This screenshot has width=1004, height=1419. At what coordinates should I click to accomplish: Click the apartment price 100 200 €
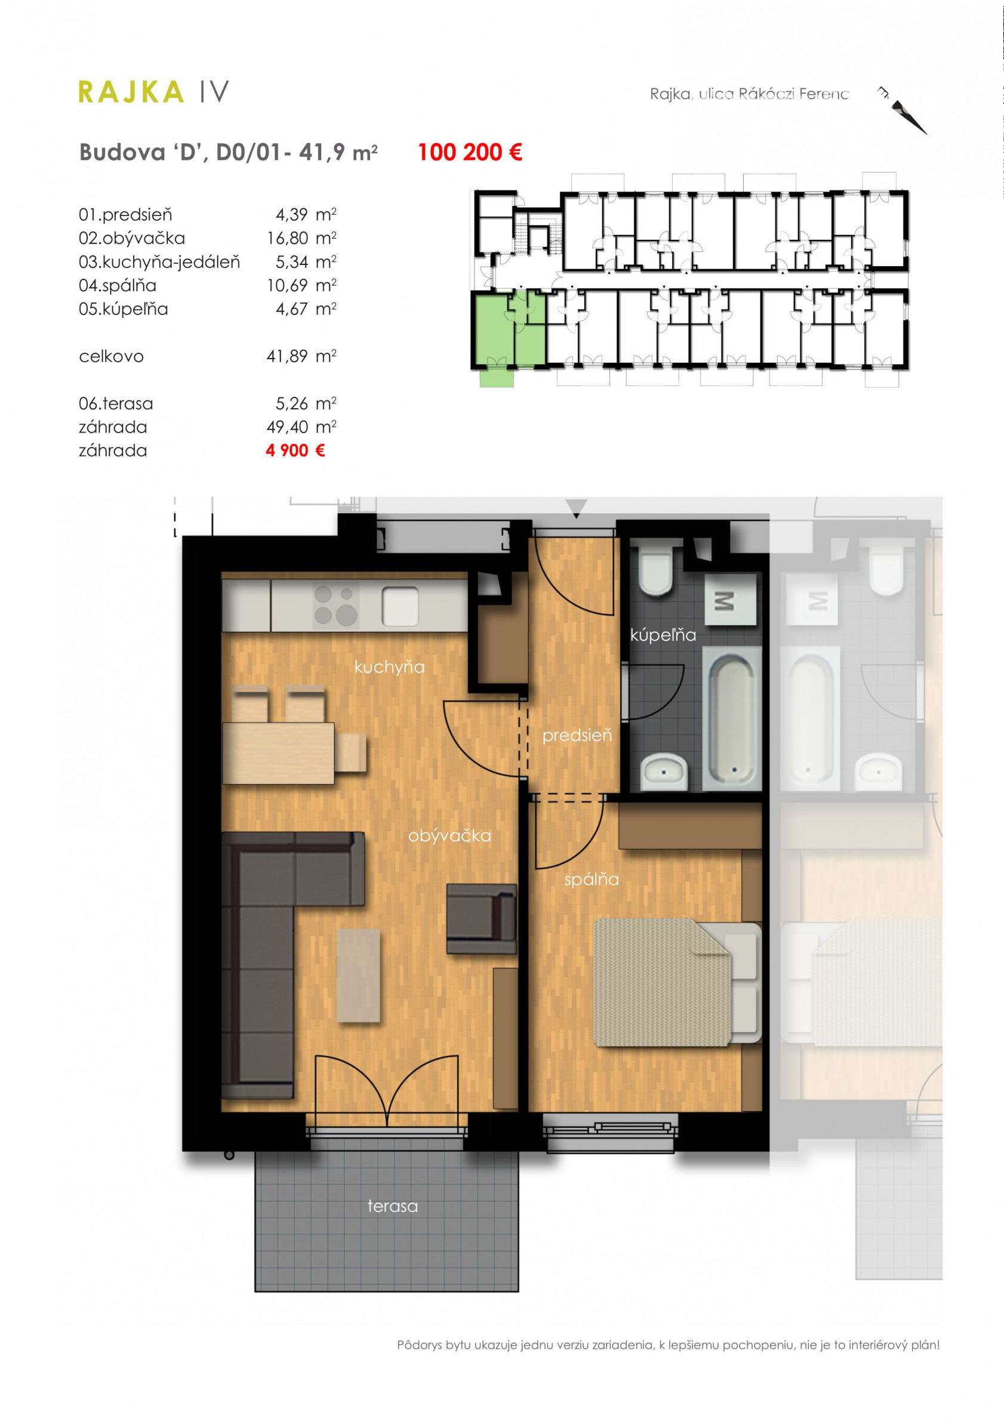(x=470, y=152)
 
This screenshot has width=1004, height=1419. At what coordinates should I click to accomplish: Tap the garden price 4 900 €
(x=295, y=451)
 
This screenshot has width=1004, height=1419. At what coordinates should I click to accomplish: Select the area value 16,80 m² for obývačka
(x=301, y=238)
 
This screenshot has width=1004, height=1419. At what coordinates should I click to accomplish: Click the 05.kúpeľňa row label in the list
(x=123, y=309)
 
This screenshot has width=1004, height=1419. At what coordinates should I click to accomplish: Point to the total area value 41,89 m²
(x=301, y=356)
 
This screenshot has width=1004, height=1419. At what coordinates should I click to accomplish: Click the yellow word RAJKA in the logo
(x=131, y=92)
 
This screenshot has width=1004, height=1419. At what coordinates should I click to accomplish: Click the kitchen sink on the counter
(x=400, y=606)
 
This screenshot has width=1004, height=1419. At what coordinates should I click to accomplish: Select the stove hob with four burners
(x=335, y=606)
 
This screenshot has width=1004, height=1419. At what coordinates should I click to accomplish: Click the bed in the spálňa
(x=677, y=982)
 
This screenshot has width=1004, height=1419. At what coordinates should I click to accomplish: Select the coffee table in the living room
(x=359, y=976)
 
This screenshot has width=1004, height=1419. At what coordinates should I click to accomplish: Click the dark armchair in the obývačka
(x=482, y=919)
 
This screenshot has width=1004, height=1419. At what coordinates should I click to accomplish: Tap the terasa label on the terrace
(x=393, y=1206)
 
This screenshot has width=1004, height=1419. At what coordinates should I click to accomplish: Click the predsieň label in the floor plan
(x=577, y=735)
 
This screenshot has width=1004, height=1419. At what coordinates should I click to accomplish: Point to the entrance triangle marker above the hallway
(x=576, y=508)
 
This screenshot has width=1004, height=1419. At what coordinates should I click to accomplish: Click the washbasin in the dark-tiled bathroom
(x=664, y=772)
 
